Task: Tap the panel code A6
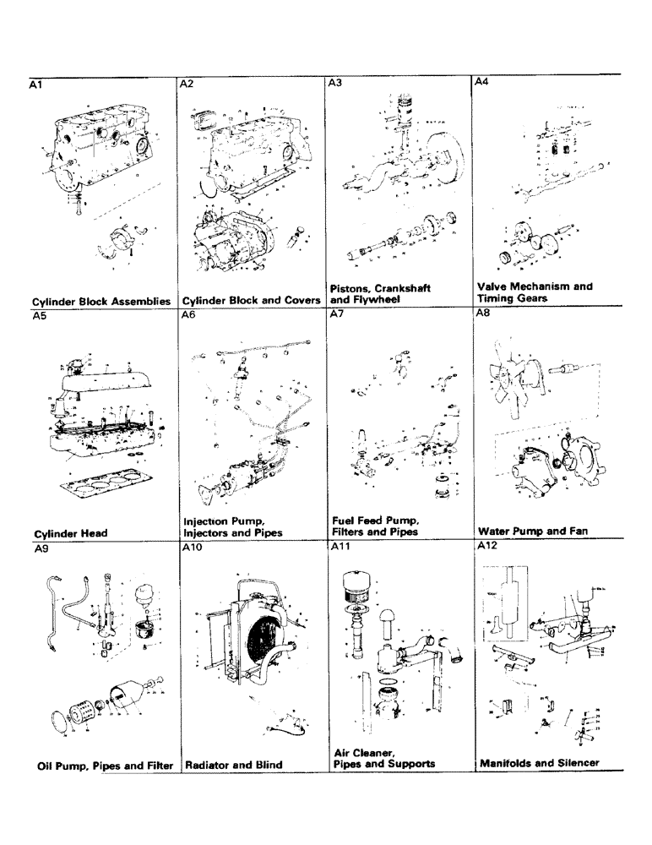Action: [188, 314]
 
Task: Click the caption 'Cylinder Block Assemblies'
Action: [101, 301]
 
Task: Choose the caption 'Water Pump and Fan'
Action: [533, 532]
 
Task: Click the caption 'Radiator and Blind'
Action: [233, 765]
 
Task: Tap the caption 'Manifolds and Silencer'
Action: [539, 762]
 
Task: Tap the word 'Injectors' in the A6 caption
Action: [209, 533]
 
